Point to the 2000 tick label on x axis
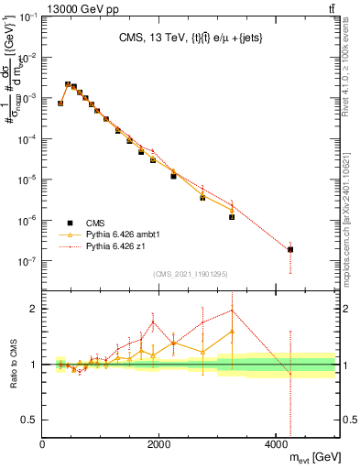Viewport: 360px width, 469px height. (x=158, y=445)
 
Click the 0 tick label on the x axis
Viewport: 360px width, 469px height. (x=43, y=445)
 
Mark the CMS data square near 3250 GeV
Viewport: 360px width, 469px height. (x=233, y=217)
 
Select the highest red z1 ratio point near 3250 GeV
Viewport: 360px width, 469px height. (x=233, y=310)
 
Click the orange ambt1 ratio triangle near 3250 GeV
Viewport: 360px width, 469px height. (x=233, y=332)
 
